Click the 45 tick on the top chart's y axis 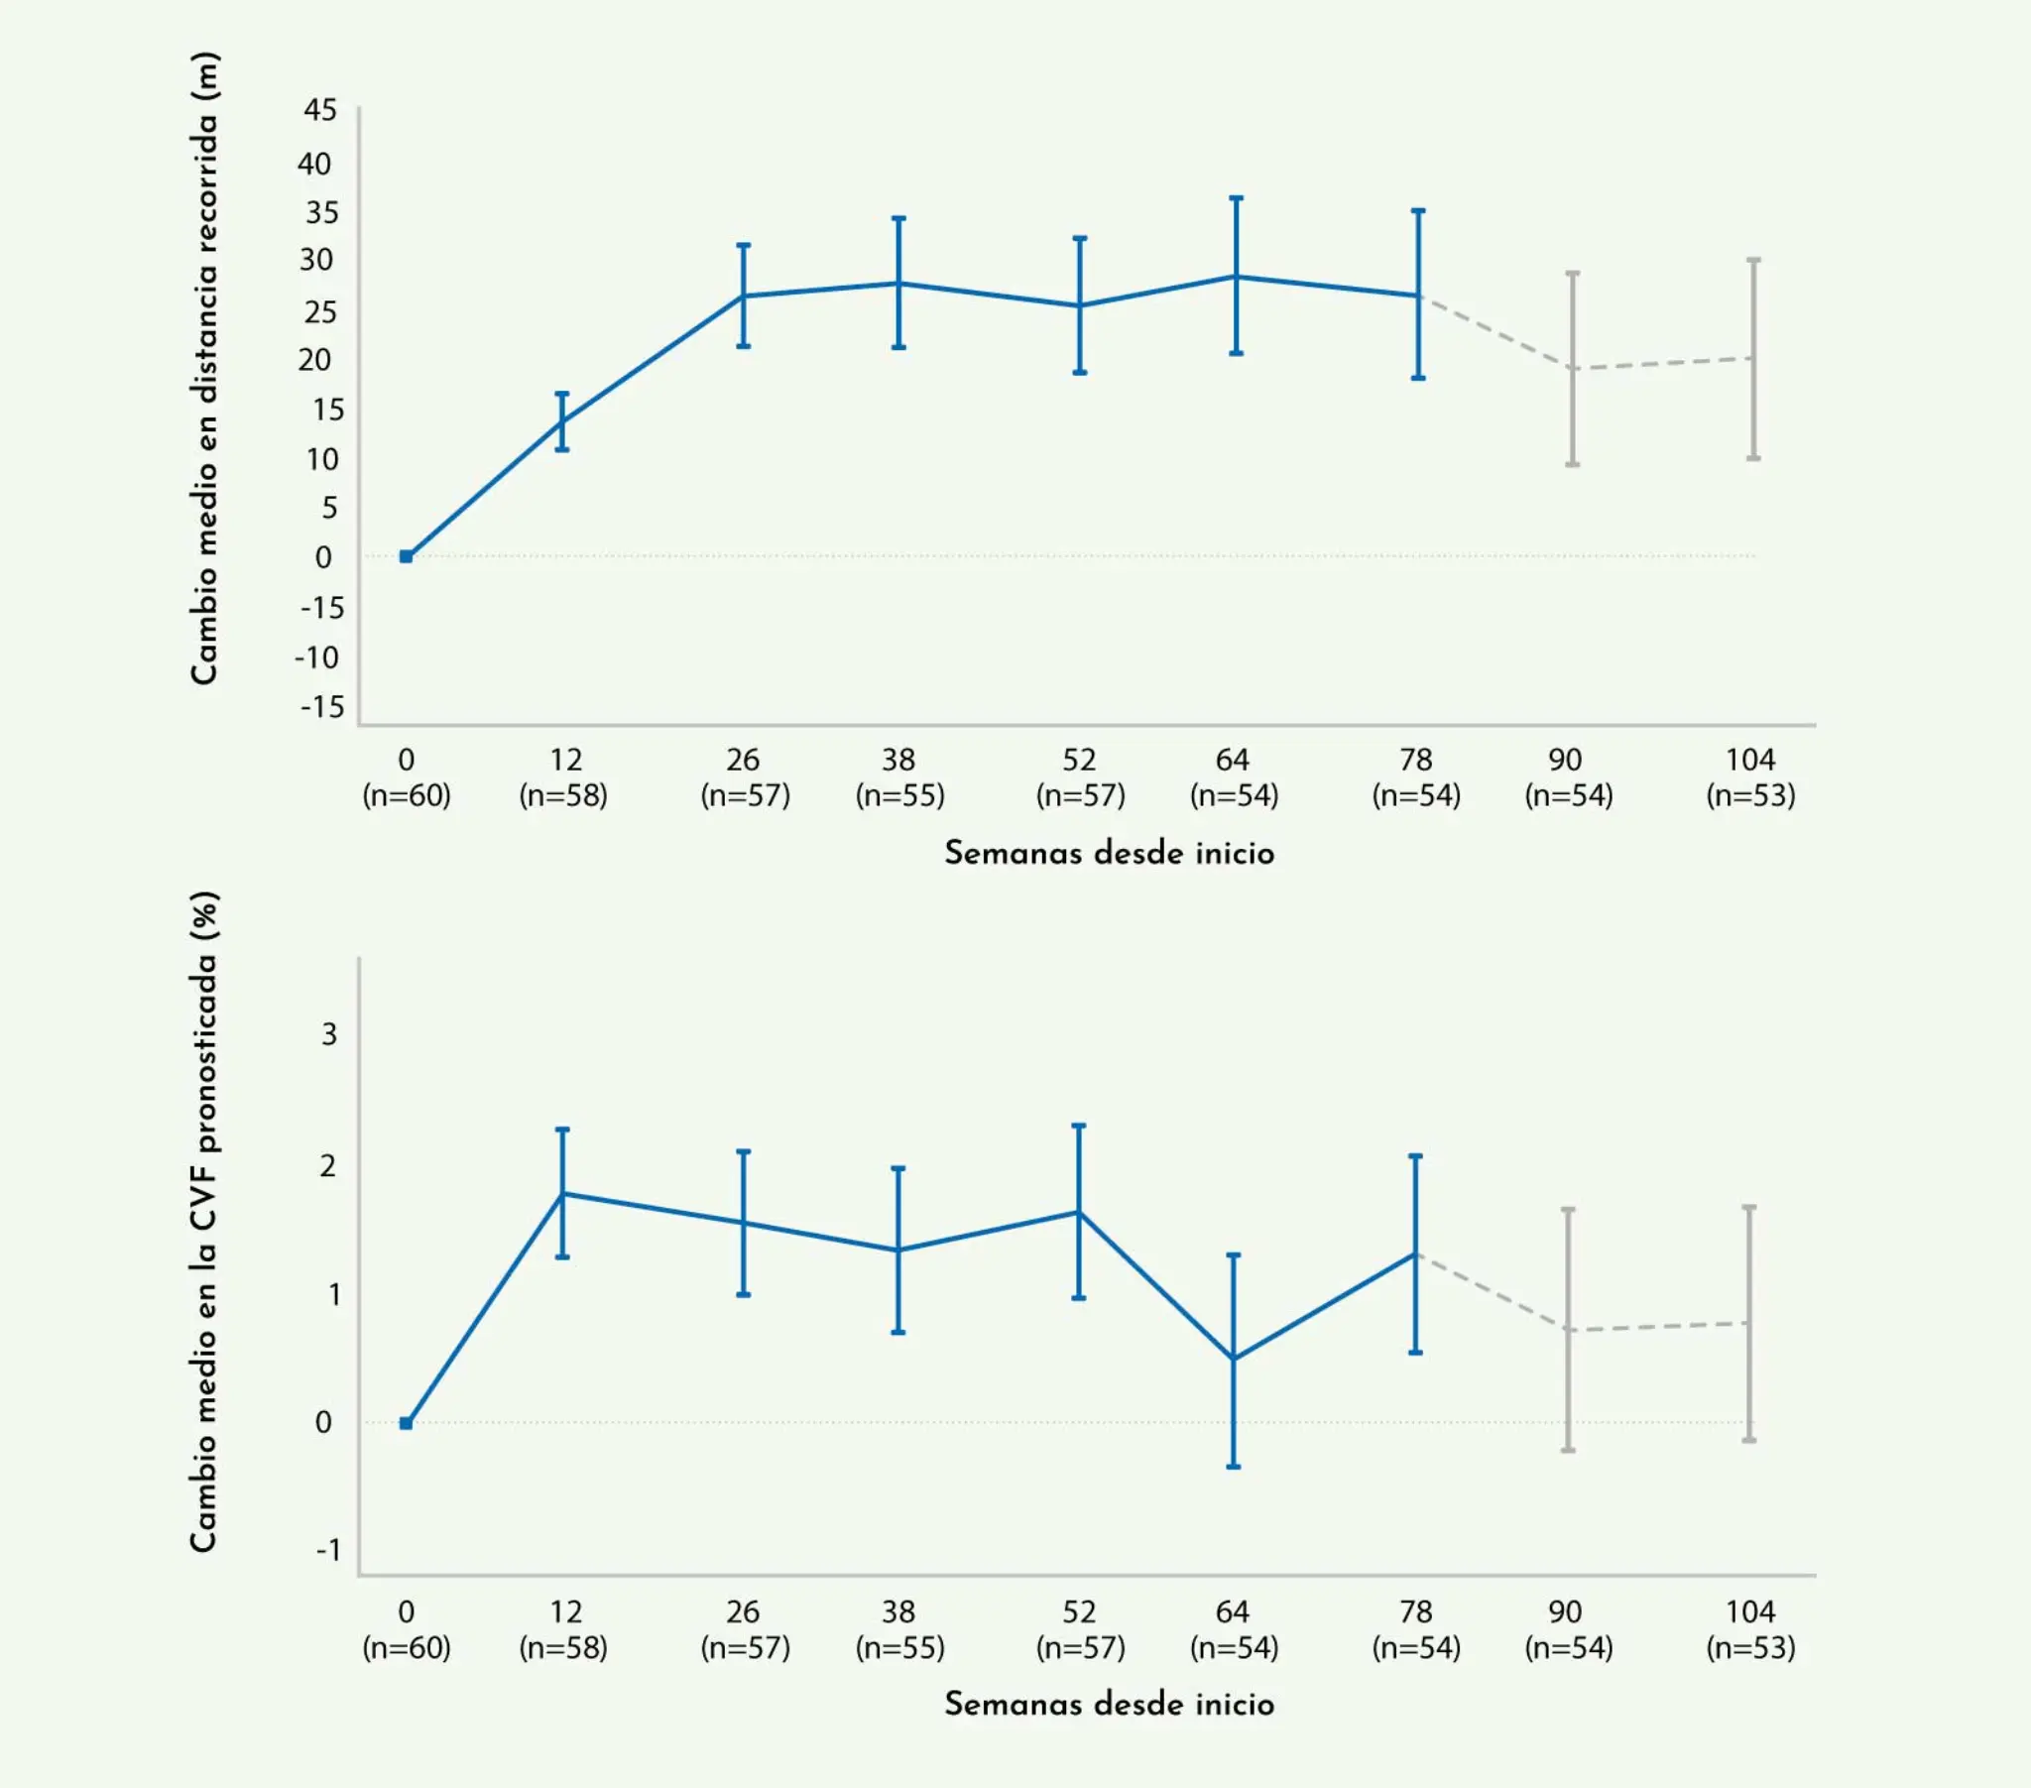(x=320, y=109)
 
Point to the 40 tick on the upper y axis (x=315, y=163)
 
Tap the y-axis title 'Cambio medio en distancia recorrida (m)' (x=203, y=368)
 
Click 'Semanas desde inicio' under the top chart (x=1109, y=853)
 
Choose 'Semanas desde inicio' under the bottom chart (x=1109, y=1704)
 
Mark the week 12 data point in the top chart (x=562, y=422)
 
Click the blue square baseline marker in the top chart (x=407, y=556)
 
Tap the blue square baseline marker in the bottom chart (x=407, y=1423)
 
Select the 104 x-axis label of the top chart (x=1749, y=760)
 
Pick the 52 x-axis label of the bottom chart (x=1079, y=1611)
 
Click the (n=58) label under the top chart (x=563, y=795)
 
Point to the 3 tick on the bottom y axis (x=329, y=1033)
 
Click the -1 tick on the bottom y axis (x=328, y=1549)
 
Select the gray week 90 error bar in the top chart (x=1573, y=369)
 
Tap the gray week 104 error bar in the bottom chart (x=1749, y=1323)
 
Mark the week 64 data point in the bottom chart (x=1234, y=1358)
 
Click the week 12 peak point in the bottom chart (x=562, y=1193)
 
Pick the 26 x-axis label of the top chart (x=743, y=760)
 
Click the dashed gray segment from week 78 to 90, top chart (x=1495, y=332)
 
